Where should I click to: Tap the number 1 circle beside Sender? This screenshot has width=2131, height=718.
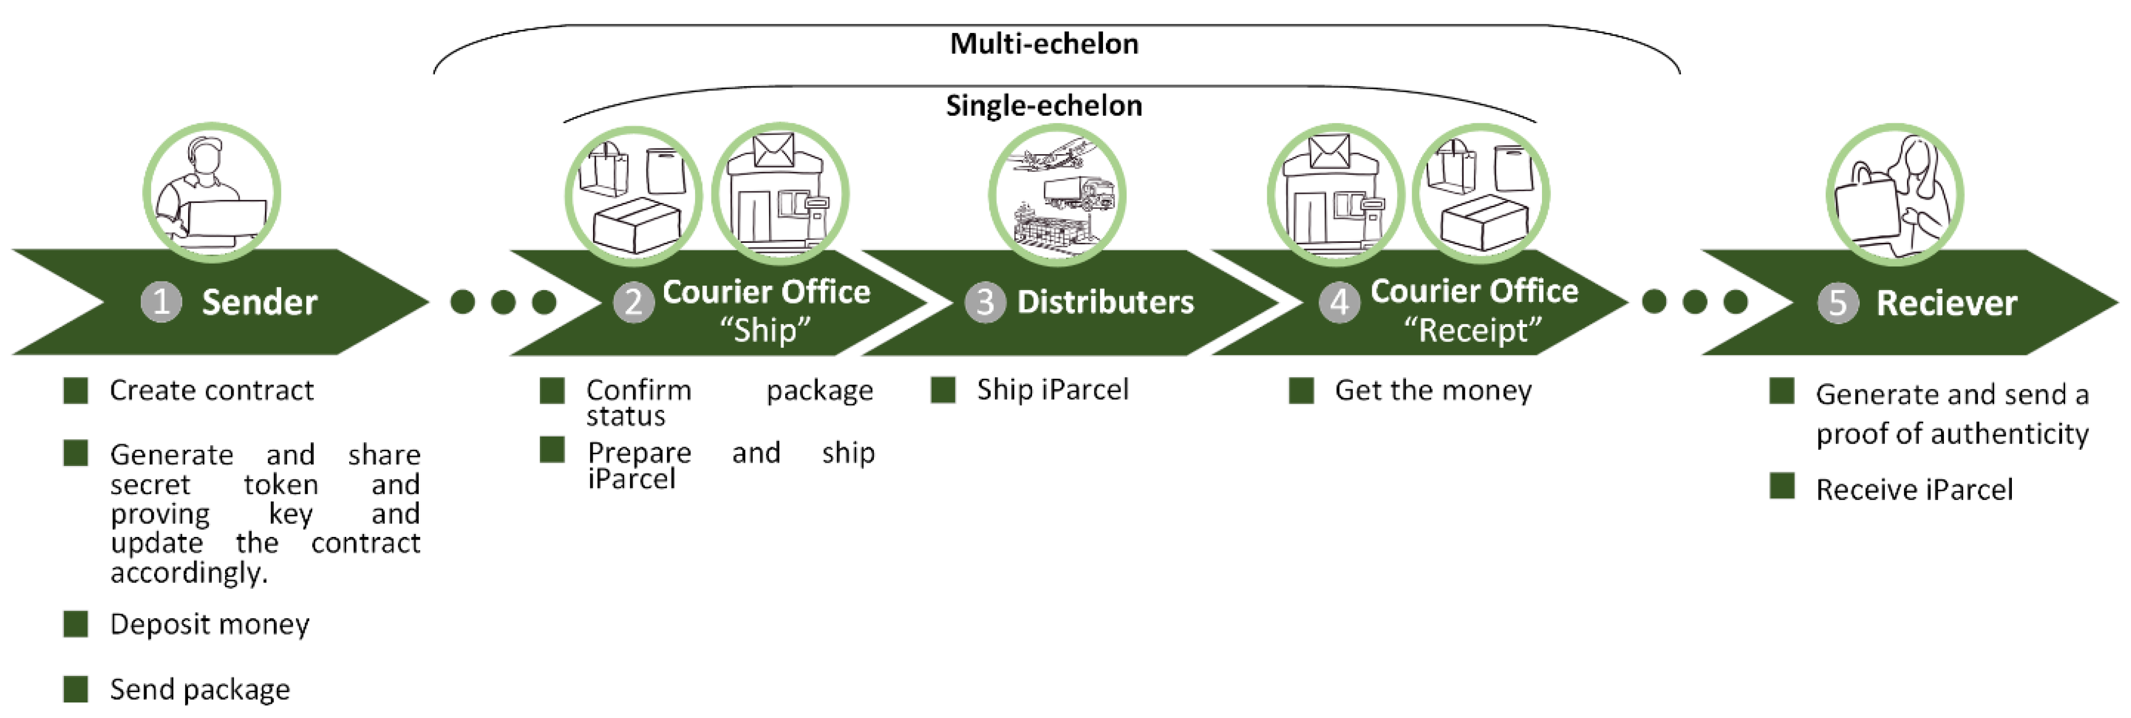tap(161, 302)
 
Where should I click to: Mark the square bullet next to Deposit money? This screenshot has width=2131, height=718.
tap(76, 624)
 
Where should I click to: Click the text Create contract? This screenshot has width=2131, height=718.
tap(212, 390)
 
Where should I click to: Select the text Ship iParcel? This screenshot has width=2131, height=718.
tap(1052, 389)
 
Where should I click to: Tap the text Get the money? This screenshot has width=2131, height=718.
tap(1433, 390)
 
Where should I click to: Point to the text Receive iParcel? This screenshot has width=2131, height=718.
tap(1914, 490)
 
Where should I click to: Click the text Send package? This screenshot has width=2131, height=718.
tap(200, 689)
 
